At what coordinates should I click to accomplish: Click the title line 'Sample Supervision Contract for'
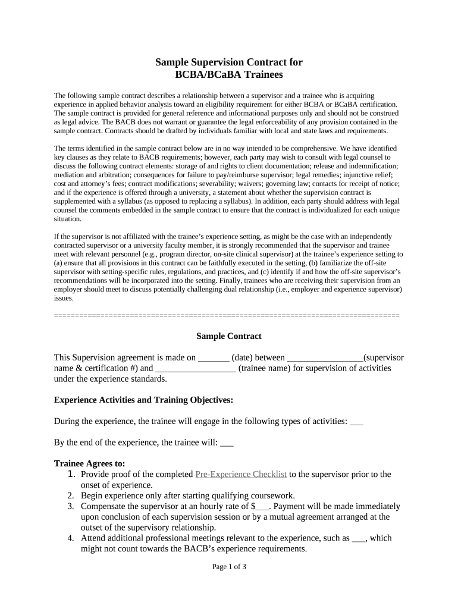229,62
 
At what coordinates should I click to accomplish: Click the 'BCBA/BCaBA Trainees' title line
229,75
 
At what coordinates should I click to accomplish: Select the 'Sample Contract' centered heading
229,336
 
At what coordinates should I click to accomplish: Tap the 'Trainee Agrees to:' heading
90,463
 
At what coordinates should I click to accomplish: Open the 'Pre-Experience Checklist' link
241,474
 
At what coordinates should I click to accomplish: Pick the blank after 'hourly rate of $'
263,507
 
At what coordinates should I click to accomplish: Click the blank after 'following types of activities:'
356,422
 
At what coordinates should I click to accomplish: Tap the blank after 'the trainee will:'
227,443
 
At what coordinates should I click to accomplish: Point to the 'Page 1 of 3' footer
229,567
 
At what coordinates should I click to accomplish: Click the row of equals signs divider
227,315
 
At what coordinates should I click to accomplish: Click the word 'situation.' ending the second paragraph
67,219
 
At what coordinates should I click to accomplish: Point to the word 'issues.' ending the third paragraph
64,298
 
